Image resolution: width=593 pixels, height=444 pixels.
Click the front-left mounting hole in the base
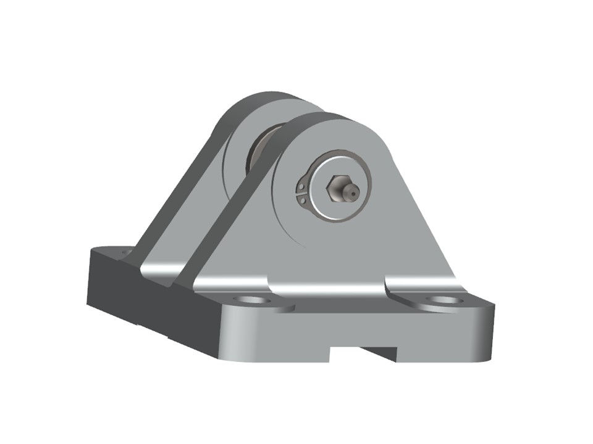tap(253, 300)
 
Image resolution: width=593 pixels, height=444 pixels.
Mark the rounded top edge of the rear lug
tap(259, 99)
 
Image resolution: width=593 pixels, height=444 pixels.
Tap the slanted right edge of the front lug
tap(426, 222)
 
